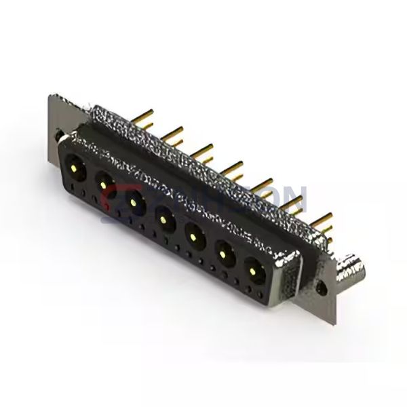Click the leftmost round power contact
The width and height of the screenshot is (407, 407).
click(75, 165)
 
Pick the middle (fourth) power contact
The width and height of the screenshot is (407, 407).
click(163, 218)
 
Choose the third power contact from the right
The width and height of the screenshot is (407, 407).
click(194, 237)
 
